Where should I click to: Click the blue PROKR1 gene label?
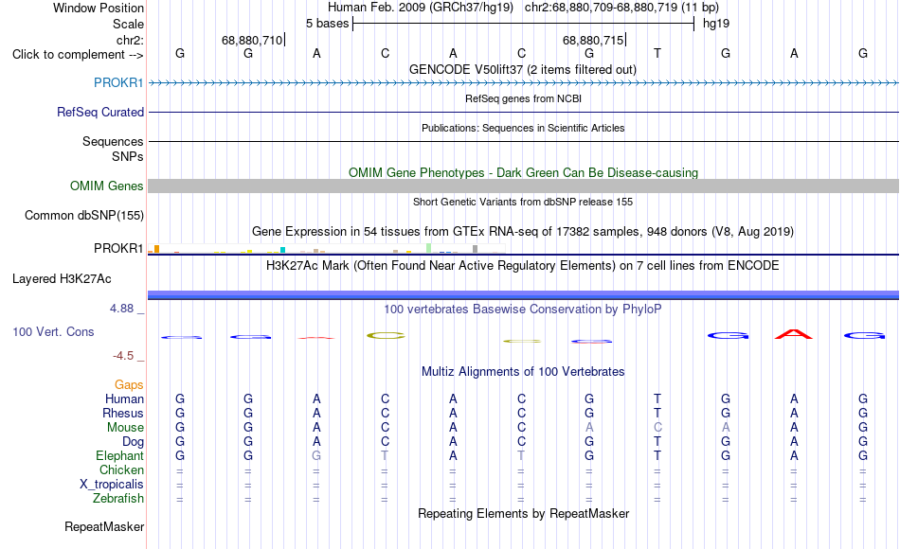click(118, 82)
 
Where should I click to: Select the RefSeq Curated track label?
click(99, 112)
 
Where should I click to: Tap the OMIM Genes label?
click(106, 186)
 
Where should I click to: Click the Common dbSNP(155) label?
click(83, 216)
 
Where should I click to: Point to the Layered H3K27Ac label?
click(62, 279)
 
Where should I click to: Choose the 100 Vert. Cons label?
click(53, 331)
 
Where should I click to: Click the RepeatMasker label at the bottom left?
click(104, 526)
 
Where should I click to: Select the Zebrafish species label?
click(118, 499)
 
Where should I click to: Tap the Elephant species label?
click(119, 456)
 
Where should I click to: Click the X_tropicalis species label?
click(112, 485)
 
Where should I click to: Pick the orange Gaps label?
click(129, 385)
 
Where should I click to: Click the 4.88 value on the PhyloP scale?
click(121, 309)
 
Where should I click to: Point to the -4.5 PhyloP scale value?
click(123, 356)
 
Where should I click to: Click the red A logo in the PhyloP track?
click(794, 334)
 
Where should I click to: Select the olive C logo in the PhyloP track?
click(386, 336)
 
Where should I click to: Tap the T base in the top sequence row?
click(657, 53)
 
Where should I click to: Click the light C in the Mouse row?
click(657, 428)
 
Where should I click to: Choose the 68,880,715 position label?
click(592, 40)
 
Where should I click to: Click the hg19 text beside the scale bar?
click(716, 24)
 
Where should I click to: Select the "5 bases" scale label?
click(327, 24)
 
